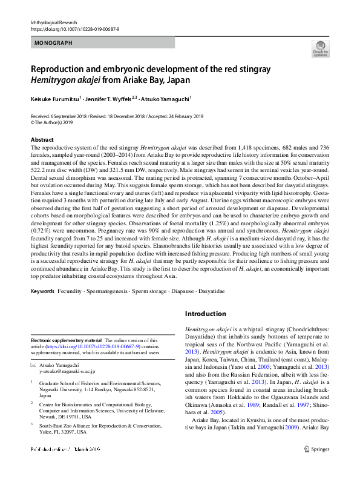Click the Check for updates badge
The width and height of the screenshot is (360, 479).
pyautogui.click(x=320, y=48)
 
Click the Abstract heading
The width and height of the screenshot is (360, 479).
pyautogui.click(x=42, y=139)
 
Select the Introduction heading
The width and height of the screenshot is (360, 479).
pyautogui.click(x=205, y=314)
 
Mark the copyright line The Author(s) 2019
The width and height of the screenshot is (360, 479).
pyautogui.click(x=57, y=122)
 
